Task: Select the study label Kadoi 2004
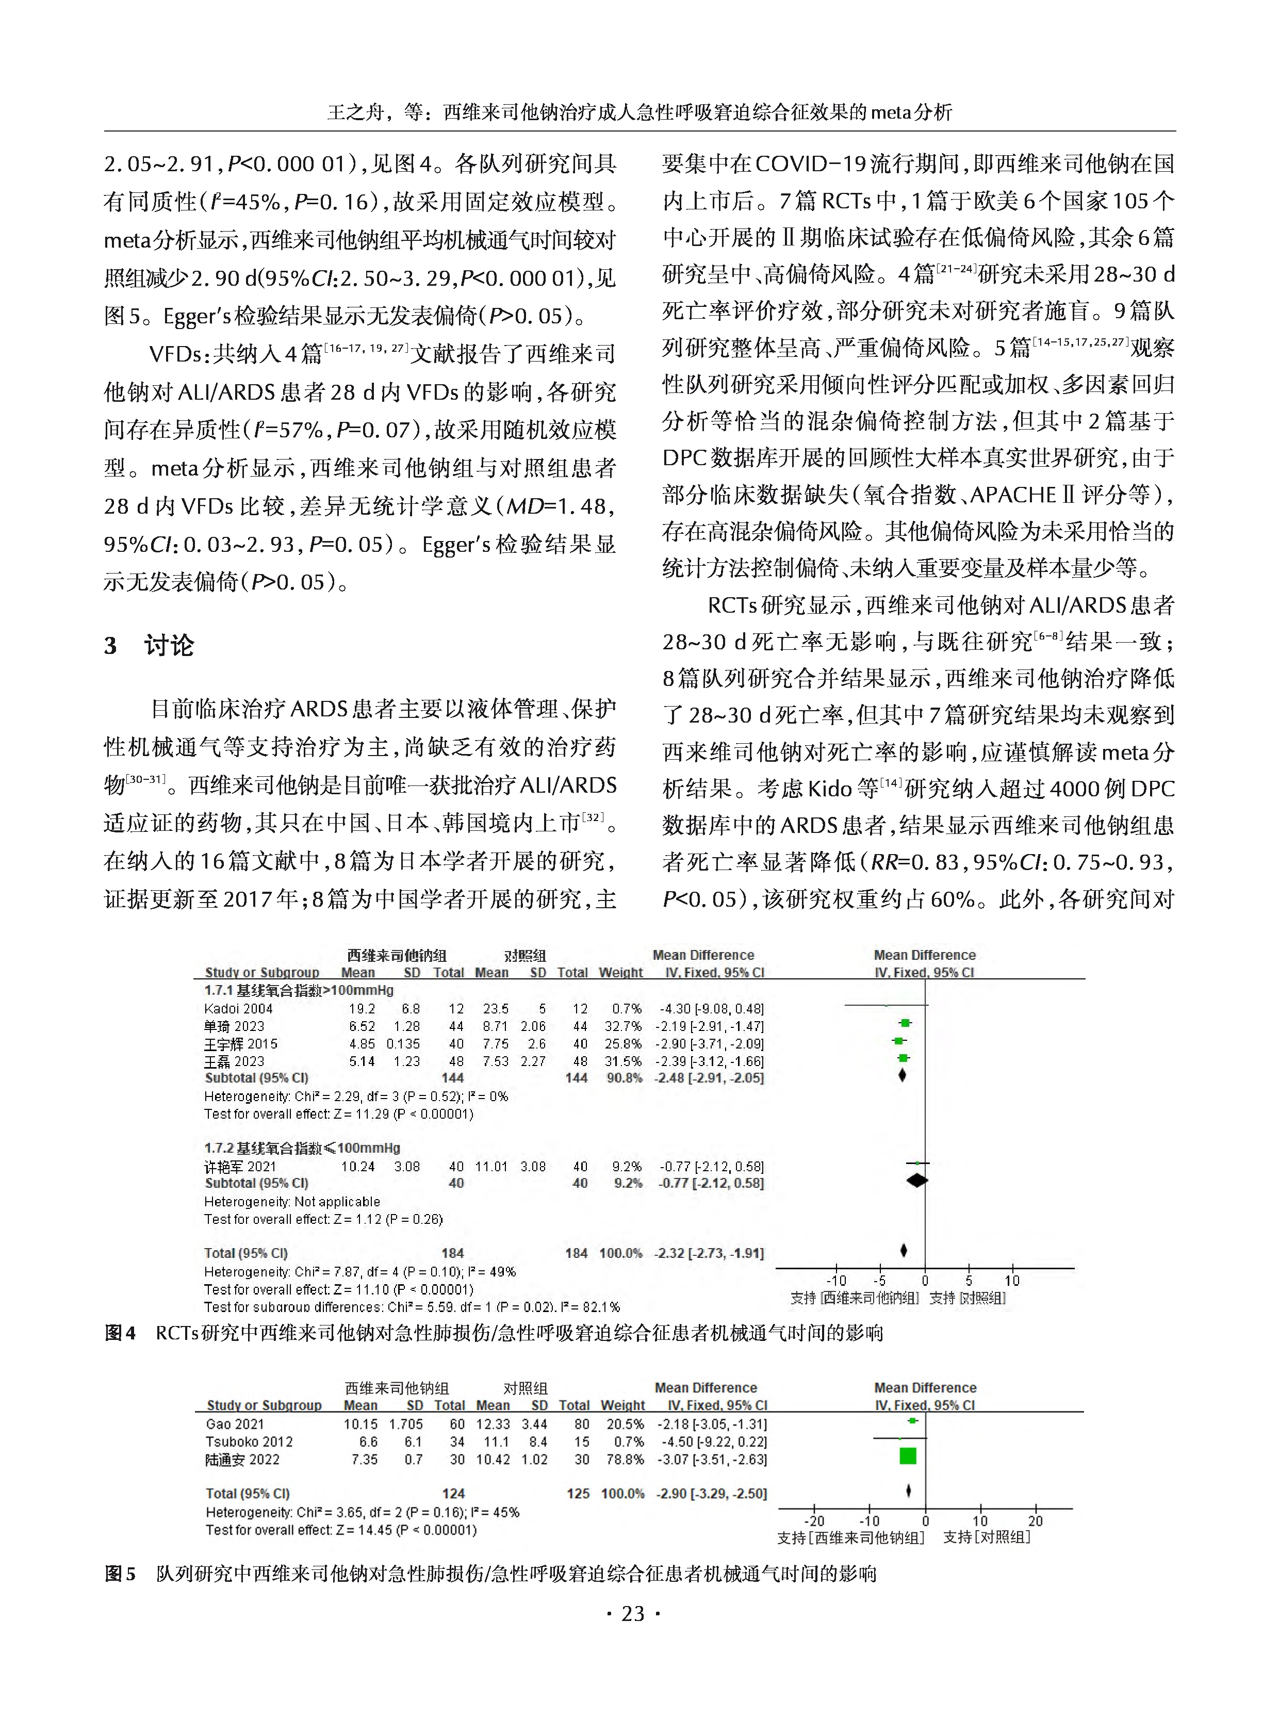coord(238,1008)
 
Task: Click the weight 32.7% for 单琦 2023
coord(622,1026)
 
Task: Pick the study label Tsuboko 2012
coord(249,1441)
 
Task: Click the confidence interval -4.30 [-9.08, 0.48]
coord(711,1008)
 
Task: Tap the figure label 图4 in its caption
coord(120,1333)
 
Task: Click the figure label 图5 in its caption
coord(120,1574)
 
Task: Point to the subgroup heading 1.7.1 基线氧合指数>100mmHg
coord(299,990)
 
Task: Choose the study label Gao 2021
coord(235,1423)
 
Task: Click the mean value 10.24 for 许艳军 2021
coord(358,1166)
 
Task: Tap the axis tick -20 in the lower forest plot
coord(814,1520)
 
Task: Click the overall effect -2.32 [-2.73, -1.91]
coord(709,1252)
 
